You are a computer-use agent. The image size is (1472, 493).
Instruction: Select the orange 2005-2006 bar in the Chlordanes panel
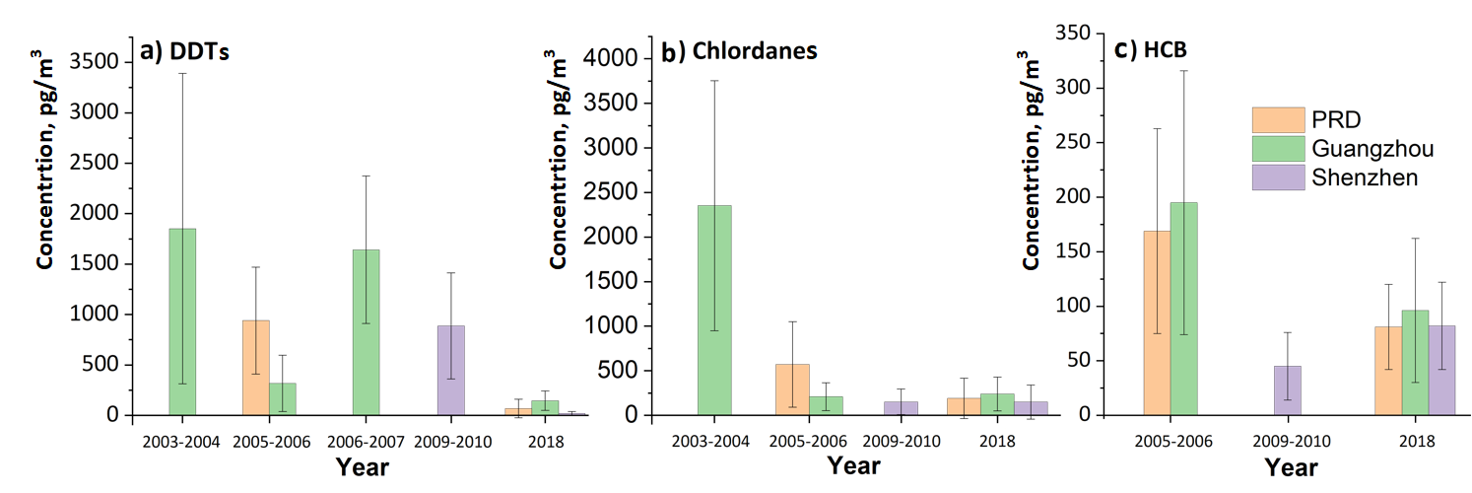[x=792, y=389]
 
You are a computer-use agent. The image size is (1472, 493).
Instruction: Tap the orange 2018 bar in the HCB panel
[x=1388, y=370]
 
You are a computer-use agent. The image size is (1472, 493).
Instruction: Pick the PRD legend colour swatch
[x=1278, y=120]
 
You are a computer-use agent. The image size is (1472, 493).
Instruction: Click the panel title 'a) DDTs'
[x=184, y=52]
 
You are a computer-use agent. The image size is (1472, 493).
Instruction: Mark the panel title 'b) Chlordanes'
[x=739, y=51]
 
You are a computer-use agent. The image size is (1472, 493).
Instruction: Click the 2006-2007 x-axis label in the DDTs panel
[x=364, y=442]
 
